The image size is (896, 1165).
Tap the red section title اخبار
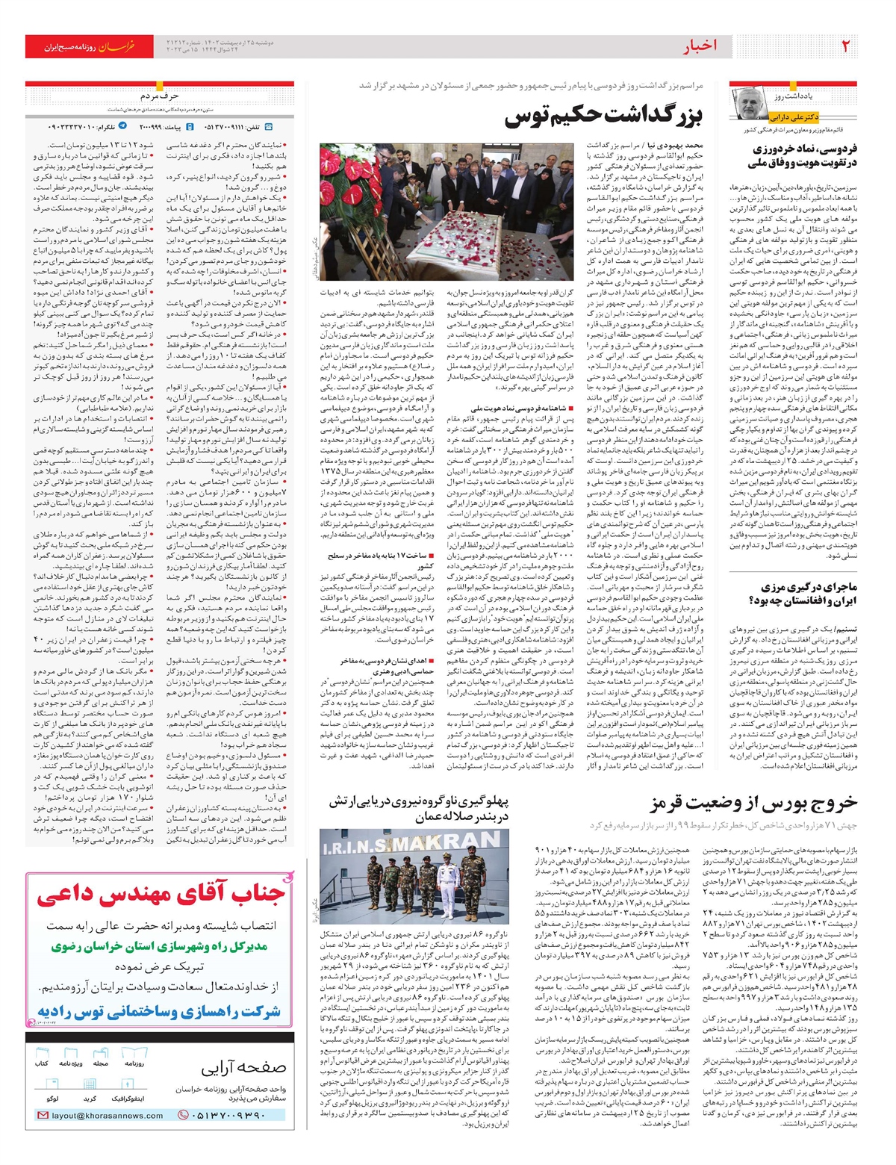(x=699, y=46)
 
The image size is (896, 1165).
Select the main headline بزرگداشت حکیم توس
(x=603, y=116)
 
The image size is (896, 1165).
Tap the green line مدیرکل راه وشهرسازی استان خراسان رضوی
(x=160, y=946)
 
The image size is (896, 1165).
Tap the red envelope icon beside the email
(x=43, y=1115)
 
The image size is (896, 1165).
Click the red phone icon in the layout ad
(x=183, y=1115)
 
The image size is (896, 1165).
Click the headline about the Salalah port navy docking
(x=419, y=810)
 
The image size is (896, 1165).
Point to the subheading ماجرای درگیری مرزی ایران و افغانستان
(x=809, y=594)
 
